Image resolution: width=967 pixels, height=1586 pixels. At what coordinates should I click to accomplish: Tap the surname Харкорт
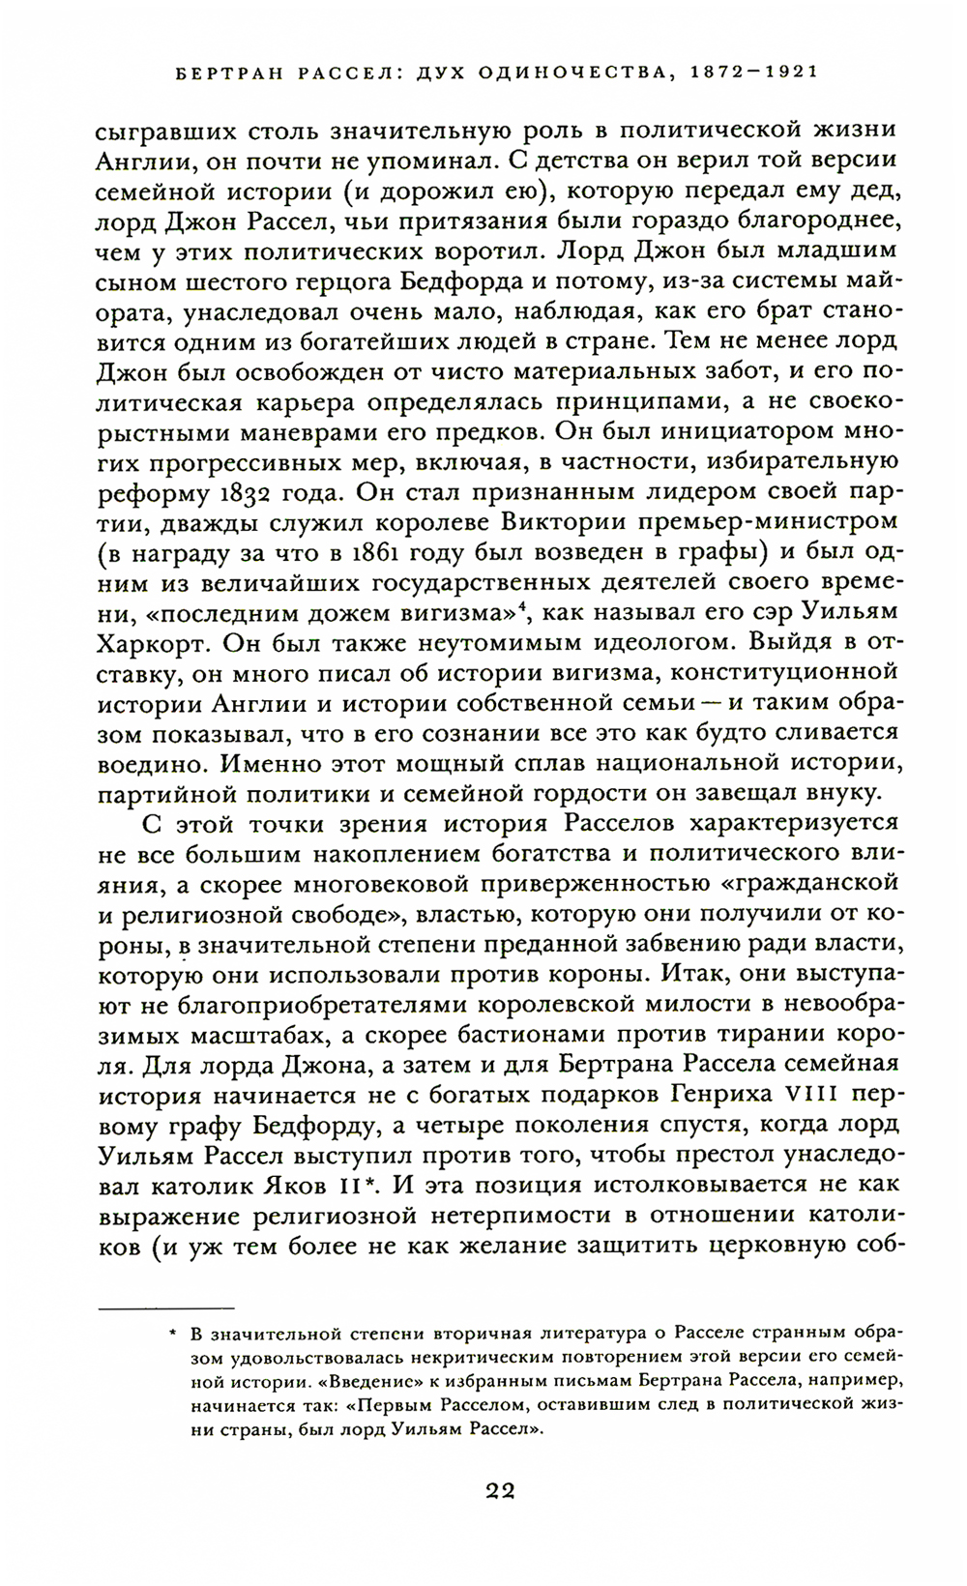[x=161, y=643]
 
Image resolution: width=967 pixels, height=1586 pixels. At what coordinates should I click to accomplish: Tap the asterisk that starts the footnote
[x=171, y=1336]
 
